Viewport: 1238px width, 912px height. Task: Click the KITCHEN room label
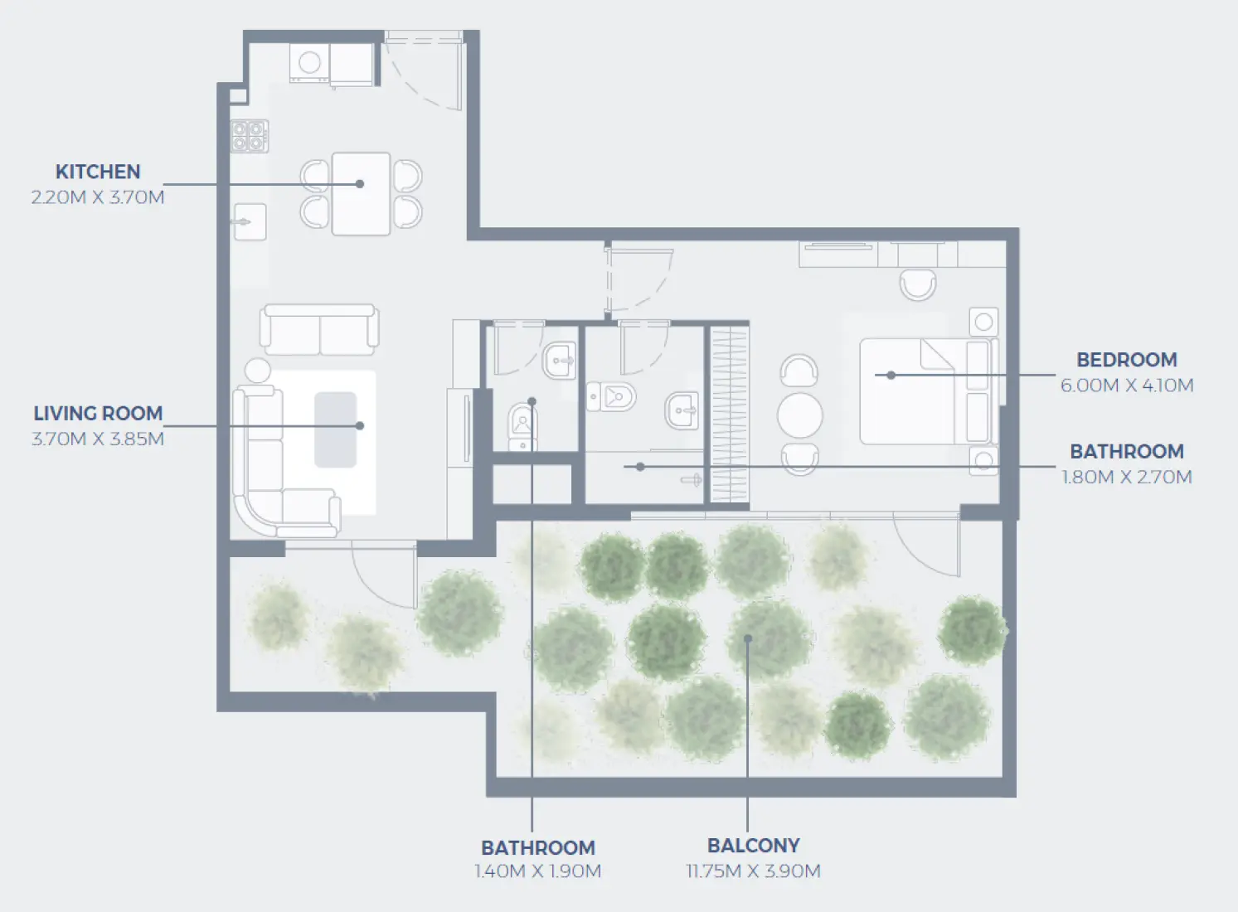click(x=98, y=172)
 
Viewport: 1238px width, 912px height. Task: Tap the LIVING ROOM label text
click(x=98, y=413)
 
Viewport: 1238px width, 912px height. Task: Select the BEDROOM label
click(x=1126, y=360)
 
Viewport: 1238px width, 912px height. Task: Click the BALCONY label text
click(x=753, y=846)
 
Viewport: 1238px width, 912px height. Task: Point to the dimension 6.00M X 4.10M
click(x=1126, y=386)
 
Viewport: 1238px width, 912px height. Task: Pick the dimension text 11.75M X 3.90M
click(x=753, y=871)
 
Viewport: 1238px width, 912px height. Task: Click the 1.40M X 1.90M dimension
click(x=537, y=871)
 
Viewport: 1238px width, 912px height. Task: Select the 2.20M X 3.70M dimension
click(x=98, y=197)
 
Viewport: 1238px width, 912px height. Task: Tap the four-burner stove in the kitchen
click(x=249, y=136)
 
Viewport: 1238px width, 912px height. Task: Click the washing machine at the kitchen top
click(x=309, y=63)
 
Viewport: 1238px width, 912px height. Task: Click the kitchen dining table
click(x=361, y=194)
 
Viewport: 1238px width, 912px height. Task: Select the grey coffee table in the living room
click(x=335, y=429)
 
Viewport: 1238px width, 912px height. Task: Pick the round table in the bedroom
click(x=799, y=415)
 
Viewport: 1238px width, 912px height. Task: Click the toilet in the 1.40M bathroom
click(x=522, y=424)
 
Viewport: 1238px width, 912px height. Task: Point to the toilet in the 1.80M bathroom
click(x=614, y=396)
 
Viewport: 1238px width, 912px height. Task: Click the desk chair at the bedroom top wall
click(x=918, y=284)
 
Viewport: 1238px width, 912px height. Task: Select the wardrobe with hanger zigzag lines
click(x=729, y=415)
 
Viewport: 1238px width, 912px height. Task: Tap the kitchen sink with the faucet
click(x=250, y=221)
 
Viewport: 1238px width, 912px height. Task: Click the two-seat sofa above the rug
click(x=319, y=329)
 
